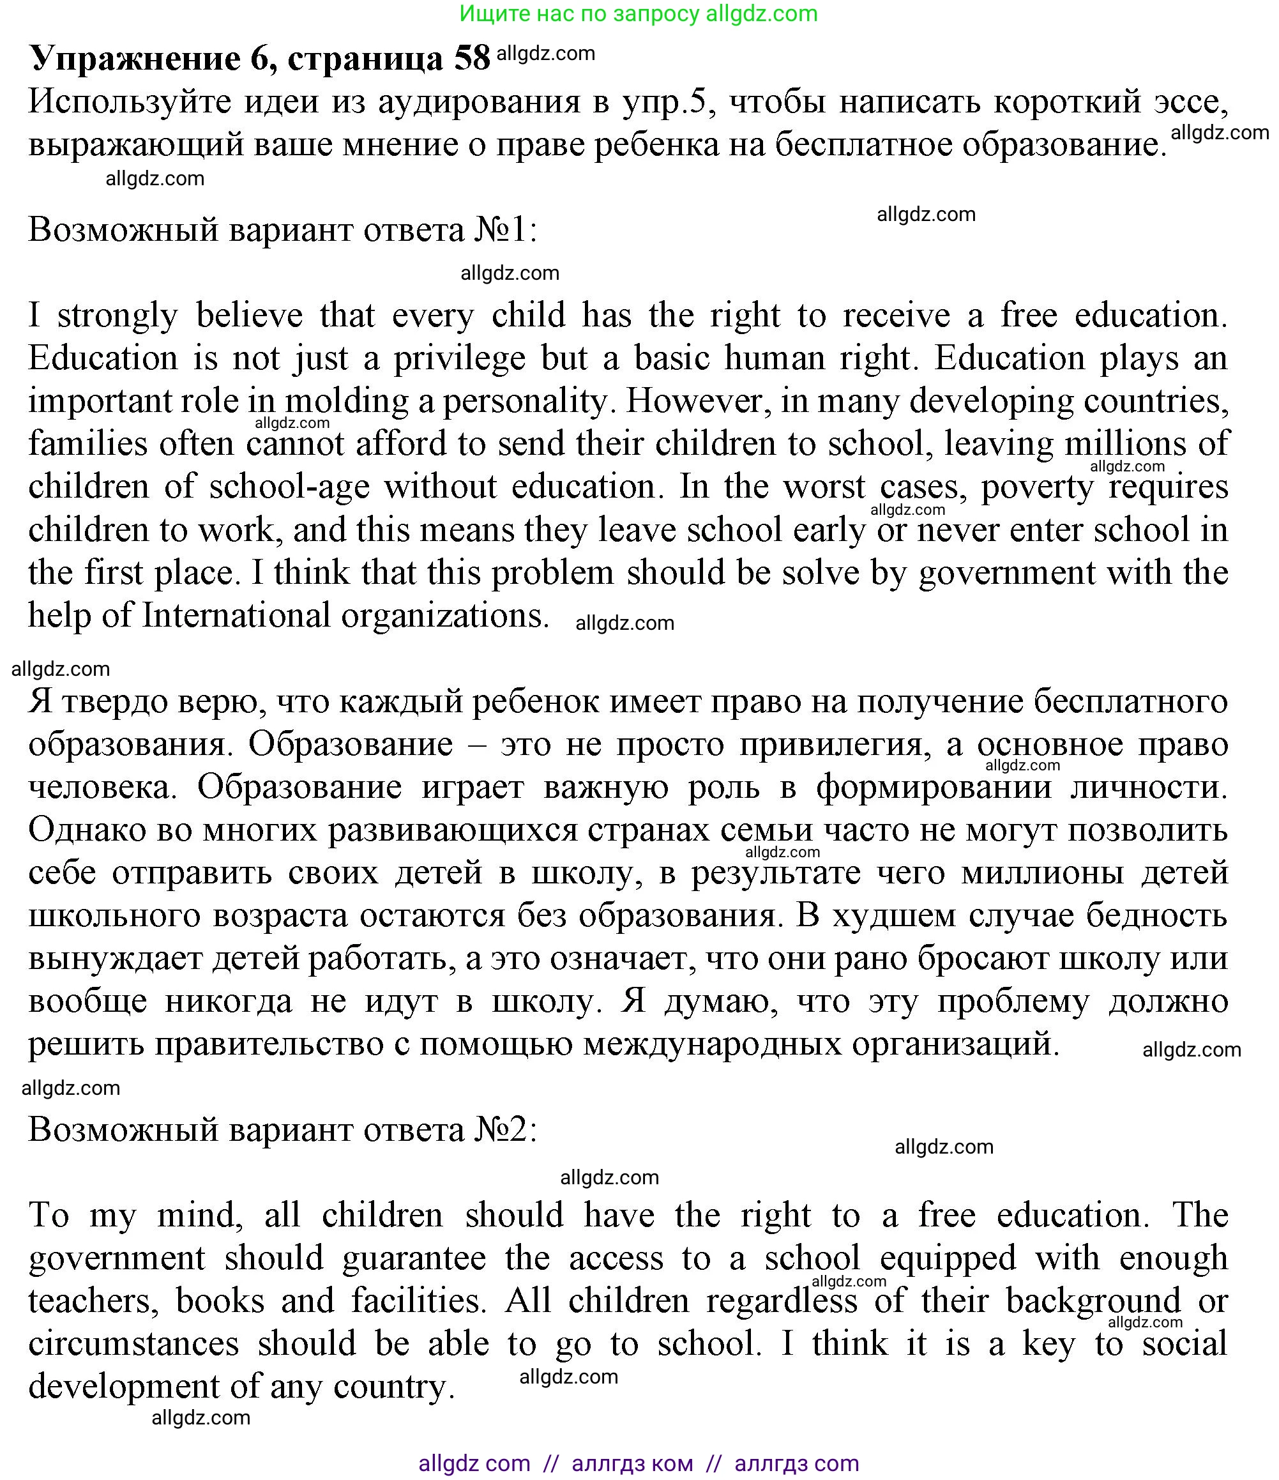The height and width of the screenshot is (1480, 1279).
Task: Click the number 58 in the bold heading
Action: pos(472,58)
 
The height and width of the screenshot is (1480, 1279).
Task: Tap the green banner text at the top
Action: pos(639,13)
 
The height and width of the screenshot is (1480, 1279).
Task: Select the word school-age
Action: pos(289,487)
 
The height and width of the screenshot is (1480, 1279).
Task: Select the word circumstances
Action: pos(133,1343)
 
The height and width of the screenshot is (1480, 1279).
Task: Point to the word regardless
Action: pos(781,1301)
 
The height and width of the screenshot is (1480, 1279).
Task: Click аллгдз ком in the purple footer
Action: pos(632,1463)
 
